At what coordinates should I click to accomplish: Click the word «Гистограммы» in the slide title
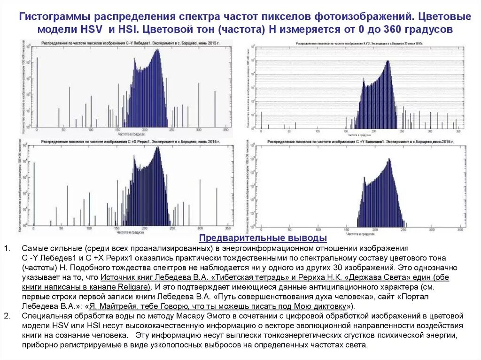coord(52,17)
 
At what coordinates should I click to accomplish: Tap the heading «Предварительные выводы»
coord(263,237)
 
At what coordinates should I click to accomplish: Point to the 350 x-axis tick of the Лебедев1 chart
coord(225,130)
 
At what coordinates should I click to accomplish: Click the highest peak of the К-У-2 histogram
coord(387,61)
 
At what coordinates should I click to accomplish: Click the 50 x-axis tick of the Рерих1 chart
coord(60,228)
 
